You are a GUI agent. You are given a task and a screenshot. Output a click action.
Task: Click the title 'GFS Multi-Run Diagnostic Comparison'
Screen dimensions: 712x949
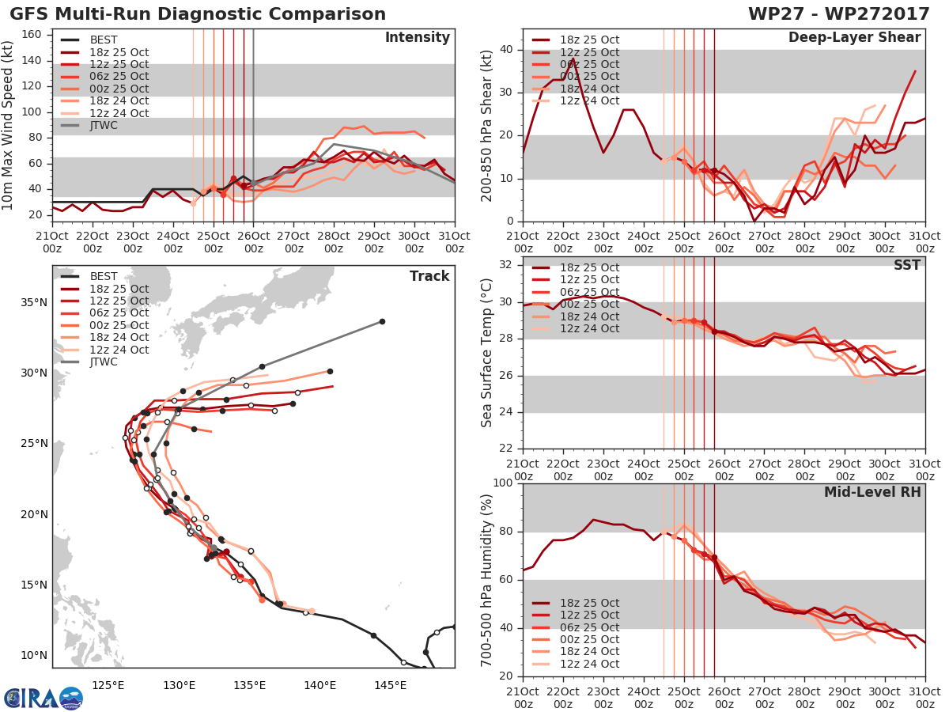[x=198, y=14]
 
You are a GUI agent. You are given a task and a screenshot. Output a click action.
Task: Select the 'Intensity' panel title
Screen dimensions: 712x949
[x=417, y=38]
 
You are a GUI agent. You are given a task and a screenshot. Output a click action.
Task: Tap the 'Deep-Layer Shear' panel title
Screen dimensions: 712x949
[x=854, y=38]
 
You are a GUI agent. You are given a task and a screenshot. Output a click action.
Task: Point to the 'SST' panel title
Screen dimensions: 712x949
[x=907, y=265]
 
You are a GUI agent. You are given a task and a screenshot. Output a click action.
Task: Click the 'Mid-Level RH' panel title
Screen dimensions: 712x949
[x=872, y=492]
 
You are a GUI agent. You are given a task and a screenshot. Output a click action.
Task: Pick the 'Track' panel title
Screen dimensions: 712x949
[x=429, y=276]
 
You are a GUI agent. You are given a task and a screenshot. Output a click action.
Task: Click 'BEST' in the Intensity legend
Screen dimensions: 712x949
[x=104, y=40]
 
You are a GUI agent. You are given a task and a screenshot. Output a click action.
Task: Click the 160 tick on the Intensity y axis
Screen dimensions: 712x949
[x=35, y=35]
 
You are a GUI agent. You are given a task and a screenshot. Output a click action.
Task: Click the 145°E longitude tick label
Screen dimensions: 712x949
[x=390, y=684]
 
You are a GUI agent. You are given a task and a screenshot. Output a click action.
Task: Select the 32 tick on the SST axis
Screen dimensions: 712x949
[x=506, y=265]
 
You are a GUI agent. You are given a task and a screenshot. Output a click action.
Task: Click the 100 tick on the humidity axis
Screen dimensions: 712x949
[x=503, y=483]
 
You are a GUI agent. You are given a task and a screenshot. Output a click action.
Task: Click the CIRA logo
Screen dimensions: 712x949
[x=43, y=698]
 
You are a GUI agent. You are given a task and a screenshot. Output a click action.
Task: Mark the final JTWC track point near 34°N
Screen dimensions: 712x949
[x=382, y=321]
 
